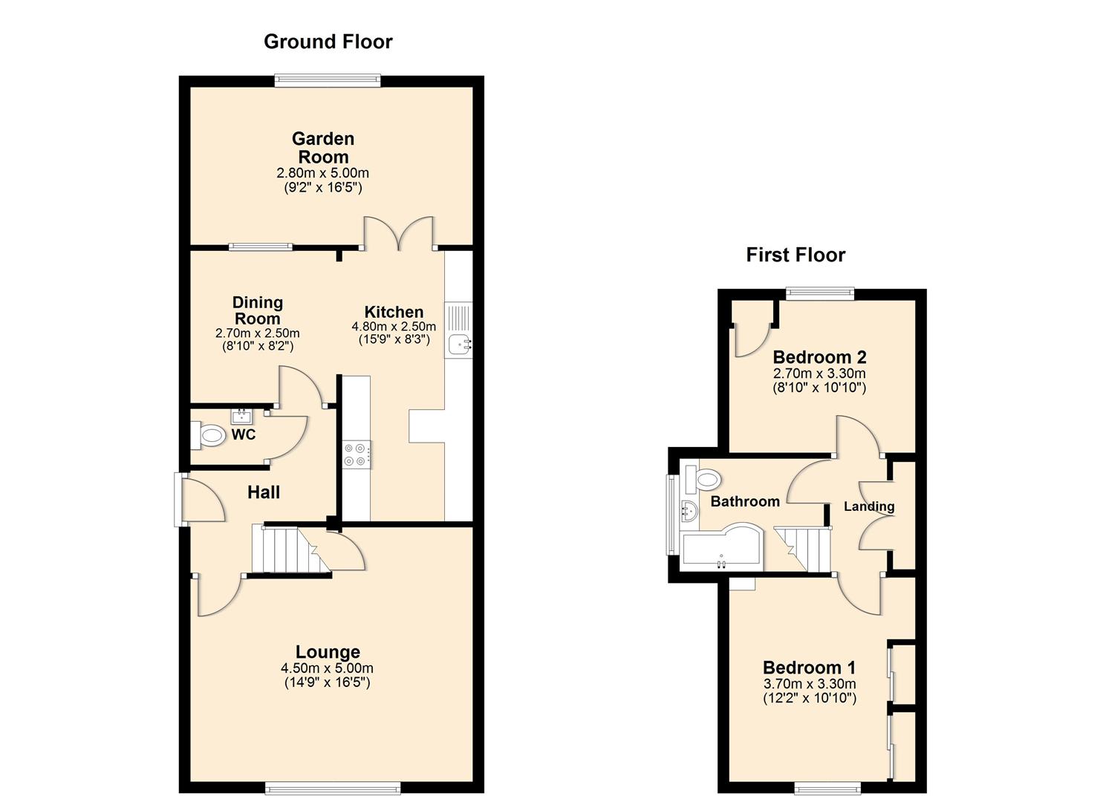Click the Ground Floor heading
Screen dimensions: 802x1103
click(328, 42)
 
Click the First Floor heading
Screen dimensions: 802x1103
click(795, 255)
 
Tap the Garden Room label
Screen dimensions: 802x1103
click(323, 148)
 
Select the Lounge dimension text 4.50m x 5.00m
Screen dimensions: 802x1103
click(327, 668)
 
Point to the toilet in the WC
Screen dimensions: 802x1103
click(209, 435)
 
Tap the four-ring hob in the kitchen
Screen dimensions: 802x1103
click(356, 454)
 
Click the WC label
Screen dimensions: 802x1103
click(244, 435)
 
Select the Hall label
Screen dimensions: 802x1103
click(264, 492)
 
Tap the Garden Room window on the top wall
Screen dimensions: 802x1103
click(328, 80)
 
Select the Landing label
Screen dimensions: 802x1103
click(868, 506)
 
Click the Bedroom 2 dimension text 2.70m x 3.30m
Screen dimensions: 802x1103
click(819, 374)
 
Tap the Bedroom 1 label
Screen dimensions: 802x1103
click(809, 667)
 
